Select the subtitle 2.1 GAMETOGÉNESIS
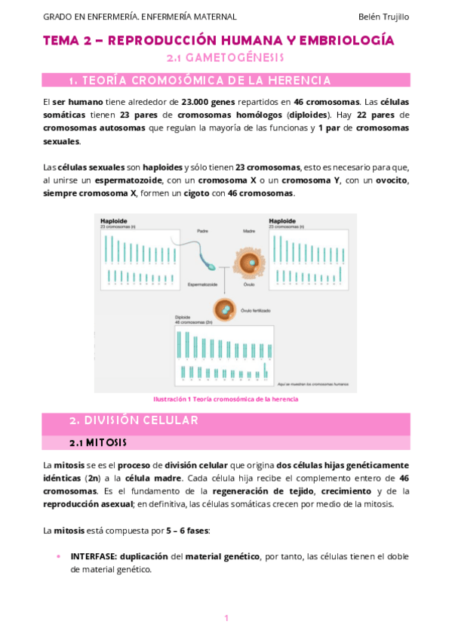click(x=225, y=57)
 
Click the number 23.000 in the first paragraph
click(x=195, y=100)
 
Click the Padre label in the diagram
click(x=202, y=231)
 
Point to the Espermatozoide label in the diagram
click(x=202, y=285)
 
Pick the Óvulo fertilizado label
click(x=256, y=310)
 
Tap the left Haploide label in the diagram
click(x=113, y=220)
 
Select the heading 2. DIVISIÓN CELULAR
click(x=134, y=420)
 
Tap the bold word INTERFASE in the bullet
click(x=94, y=556)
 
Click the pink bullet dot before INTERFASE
click(x=59, y=556)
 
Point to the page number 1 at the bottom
click(x=226, y=618)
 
